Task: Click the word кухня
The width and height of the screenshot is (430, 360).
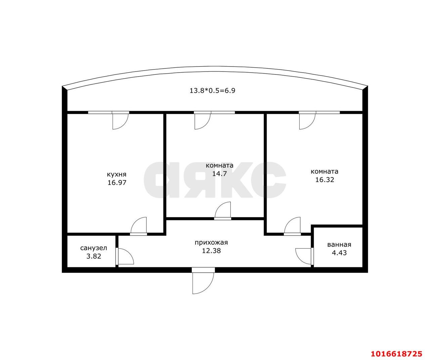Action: pos(117,174)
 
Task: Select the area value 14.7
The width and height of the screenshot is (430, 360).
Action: pos(219,174)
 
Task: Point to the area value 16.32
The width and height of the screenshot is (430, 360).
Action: pos(324,179)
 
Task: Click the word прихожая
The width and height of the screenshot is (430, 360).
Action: pos(211,242)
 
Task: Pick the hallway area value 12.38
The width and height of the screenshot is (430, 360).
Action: pos(211,251)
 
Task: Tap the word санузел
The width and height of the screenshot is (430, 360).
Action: pos(93,248)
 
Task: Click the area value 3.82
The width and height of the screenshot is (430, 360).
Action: pos(93,256)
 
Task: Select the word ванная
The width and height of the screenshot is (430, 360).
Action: pos(339,244)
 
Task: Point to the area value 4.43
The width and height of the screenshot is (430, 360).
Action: pos(339,253)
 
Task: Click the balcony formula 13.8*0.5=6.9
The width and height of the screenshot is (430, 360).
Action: pos(212,90)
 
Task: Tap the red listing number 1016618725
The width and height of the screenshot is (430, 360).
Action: pos(396,354)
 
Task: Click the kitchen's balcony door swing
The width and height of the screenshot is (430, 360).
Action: pos(120,121)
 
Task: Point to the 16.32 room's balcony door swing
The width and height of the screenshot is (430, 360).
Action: pos(307,121)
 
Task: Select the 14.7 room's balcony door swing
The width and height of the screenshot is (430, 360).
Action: pos(202,121)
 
